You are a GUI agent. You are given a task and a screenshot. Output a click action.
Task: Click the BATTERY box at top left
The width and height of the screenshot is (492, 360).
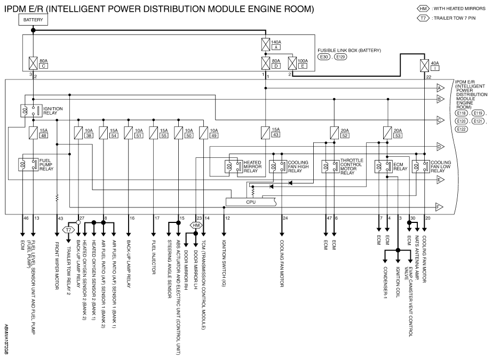pos(33,20)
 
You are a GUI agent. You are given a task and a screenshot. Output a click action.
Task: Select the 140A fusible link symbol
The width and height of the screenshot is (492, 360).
pos(266,44)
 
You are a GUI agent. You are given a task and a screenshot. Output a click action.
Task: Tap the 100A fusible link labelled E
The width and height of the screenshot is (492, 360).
pos(292,63)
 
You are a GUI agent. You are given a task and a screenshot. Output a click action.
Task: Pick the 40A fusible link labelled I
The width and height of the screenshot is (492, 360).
pos(424,66)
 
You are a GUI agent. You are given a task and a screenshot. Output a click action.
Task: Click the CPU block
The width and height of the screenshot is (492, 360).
pos(251,202)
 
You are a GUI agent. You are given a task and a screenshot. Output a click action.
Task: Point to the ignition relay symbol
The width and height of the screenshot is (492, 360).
pos(31,111)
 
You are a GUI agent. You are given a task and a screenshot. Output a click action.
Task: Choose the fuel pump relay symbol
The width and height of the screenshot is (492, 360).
pos(29,165)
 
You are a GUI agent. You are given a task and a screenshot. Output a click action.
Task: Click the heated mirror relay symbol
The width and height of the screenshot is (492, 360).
pos(234,166)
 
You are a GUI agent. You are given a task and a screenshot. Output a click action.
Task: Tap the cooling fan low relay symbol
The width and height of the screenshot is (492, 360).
pos(420,166)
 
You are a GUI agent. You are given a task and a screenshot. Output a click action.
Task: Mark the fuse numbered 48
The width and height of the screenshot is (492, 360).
pos(33,133)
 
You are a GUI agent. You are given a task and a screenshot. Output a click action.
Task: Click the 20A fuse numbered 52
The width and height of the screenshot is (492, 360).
pos(334,133)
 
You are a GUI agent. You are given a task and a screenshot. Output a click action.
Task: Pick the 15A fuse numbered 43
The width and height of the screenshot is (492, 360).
pos(265,133)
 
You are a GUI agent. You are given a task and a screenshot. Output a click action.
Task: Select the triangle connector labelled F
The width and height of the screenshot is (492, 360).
pos(439,207)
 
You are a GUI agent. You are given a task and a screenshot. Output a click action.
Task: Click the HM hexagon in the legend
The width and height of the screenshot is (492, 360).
pos(423,9)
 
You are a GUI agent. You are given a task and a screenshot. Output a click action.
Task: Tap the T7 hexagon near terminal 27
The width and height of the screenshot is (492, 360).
pos(68,230)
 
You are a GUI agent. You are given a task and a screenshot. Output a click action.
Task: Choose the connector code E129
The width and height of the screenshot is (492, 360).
pos(340,57)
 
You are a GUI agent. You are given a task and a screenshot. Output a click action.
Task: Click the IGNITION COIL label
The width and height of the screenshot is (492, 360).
pos(398,282)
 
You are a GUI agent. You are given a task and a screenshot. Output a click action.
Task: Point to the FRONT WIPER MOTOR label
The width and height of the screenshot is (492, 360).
pos(57,265)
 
